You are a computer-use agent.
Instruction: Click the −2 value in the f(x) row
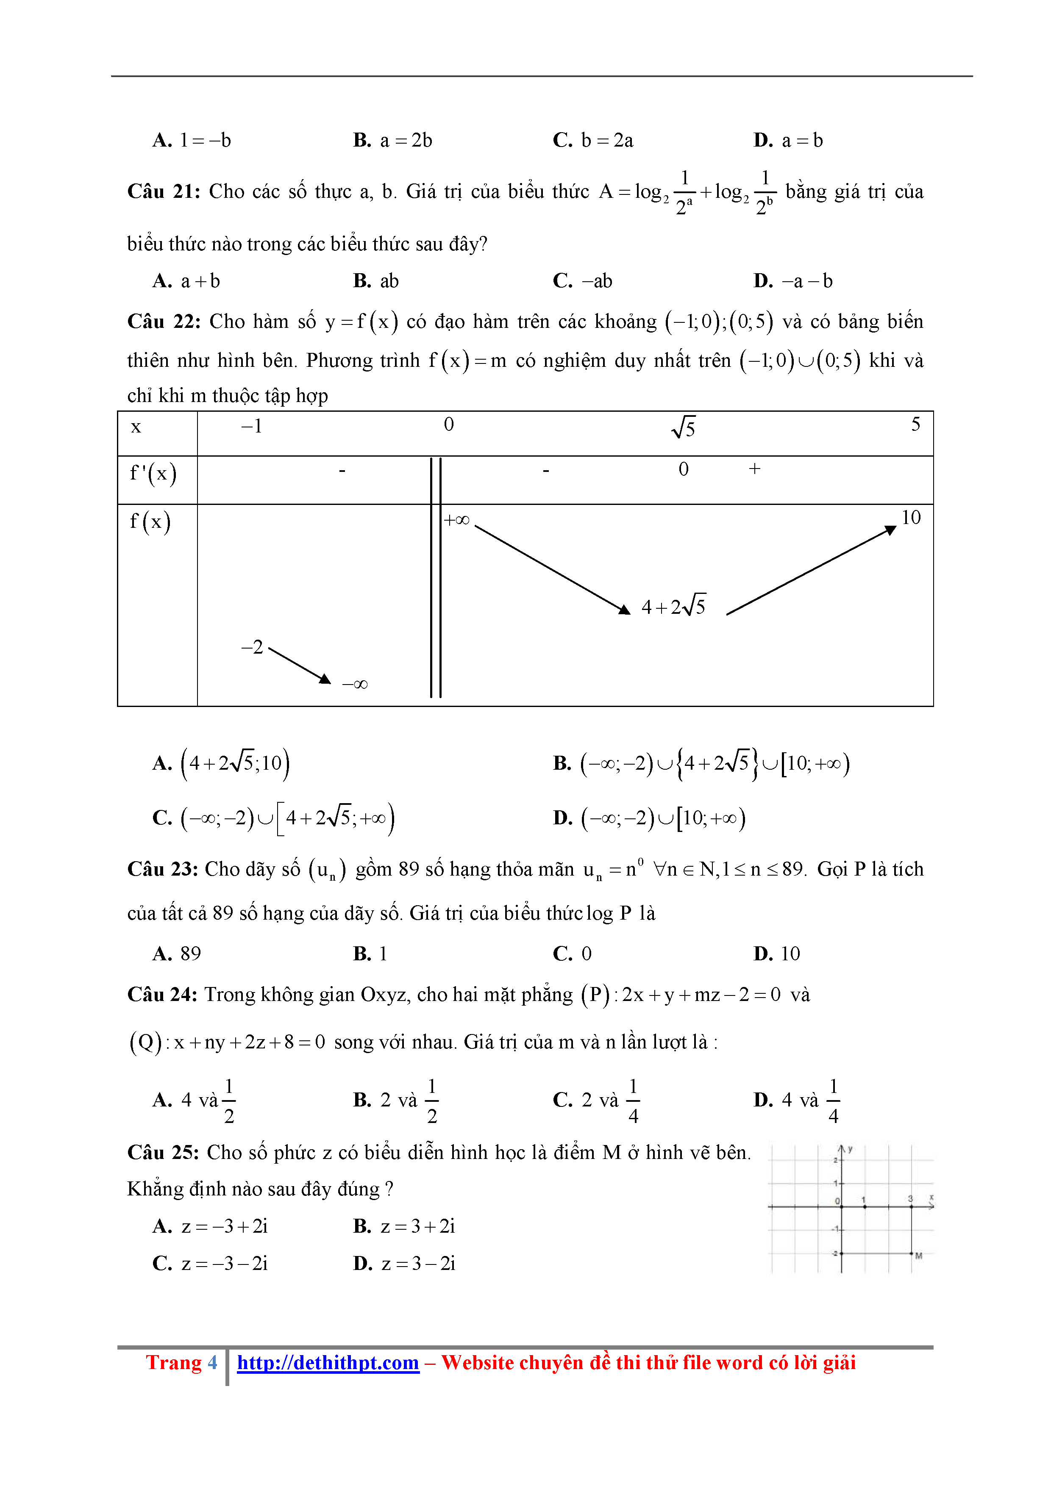[252, 647]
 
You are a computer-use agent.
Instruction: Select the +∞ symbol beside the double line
[456, 520]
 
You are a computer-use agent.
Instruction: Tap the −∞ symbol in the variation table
[355, 684]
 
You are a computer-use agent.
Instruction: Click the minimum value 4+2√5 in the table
[673, 607]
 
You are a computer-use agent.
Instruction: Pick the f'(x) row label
[153, 474]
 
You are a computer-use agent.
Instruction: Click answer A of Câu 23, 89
[178, 954]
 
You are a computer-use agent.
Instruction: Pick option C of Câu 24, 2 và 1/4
[596, 1100]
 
